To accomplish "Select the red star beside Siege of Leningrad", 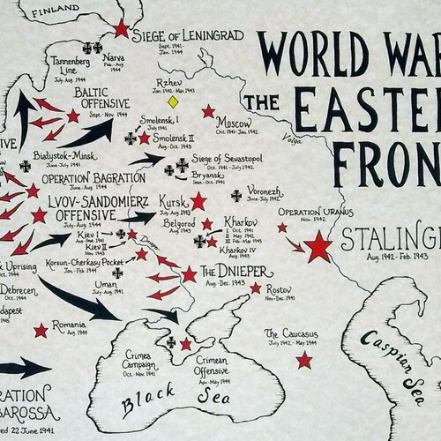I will point(121,29).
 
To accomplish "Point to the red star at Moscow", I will point(208,111).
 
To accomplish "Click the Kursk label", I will point(174,202).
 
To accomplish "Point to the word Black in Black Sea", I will point(144,404).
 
